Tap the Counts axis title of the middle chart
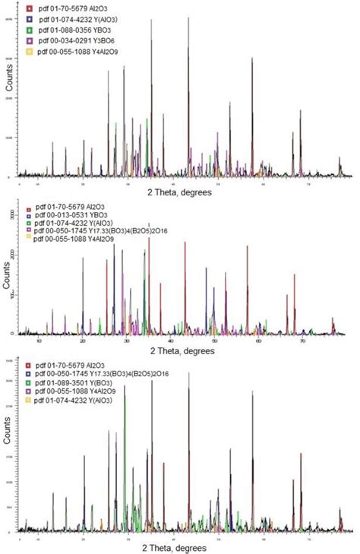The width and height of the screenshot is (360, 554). point(10,274)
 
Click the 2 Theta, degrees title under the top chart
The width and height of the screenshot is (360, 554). point(180,192)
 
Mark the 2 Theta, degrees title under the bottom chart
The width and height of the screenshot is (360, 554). point(180,546)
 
